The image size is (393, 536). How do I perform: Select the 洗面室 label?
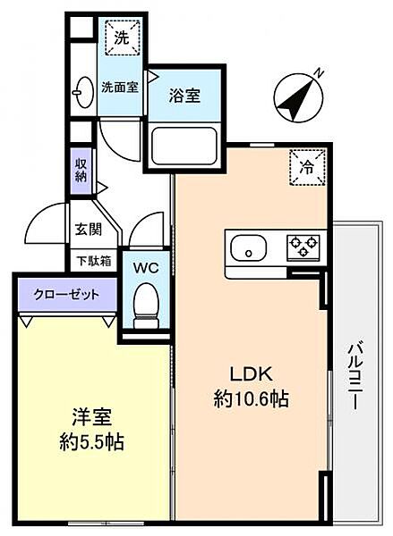coord(118,88)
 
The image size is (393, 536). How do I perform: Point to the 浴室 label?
coord(186,95)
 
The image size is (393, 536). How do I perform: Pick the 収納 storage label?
coord(81,170)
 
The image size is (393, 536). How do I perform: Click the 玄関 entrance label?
coord(88,229)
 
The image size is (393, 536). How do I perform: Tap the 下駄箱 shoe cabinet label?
coord(93,262)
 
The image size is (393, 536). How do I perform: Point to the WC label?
coord(146,266)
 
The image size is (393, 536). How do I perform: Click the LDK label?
coord(249,373)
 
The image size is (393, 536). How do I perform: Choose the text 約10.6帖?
coord(249,399)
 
